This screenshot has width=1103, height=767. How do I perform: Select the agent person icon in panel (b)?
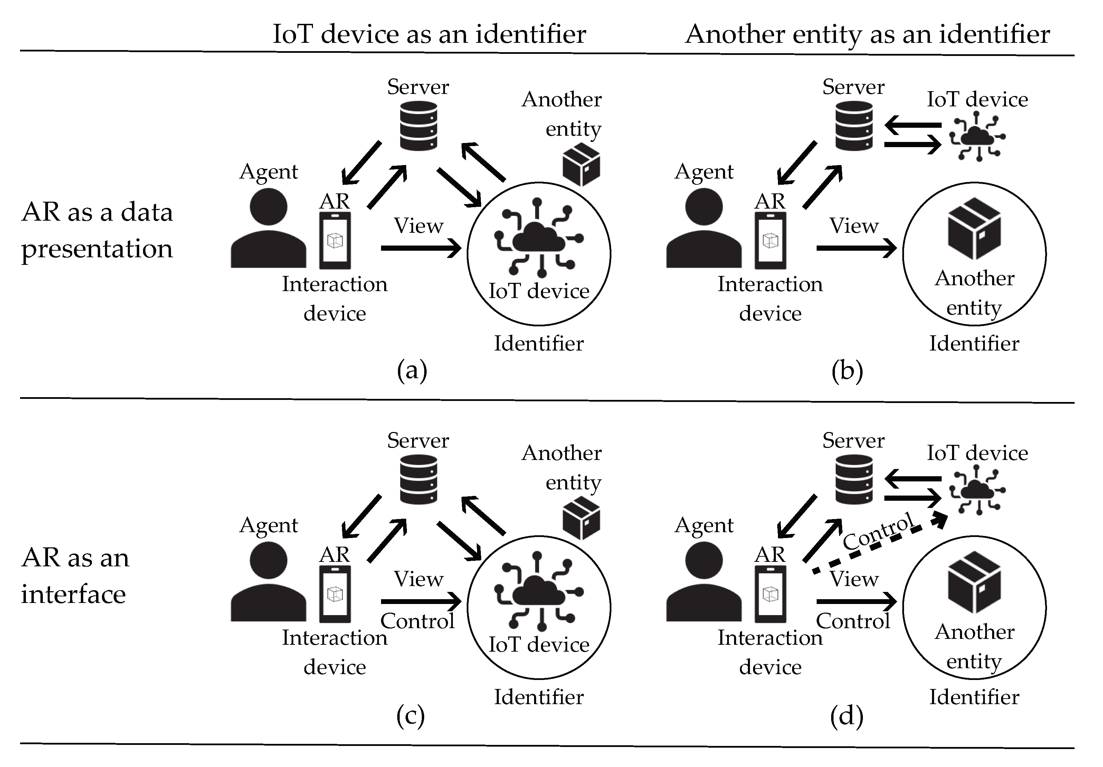click(704, 228)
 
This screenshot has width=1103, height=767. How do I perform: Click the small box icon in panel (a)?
click(581, 164)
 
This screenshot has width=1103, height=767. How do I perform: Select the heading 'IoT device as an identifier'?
click(429, 34)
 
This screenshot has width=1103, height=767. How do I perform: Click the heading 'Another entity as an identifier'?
click(868, 35)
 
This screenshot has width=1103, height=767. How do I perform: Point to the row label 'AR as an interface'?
click(75, 576)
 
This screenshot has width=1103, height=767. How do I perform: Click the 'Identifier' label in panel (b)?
click(974, 343)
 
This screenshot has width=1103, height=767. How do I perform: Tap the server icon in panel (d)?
click(854, 479)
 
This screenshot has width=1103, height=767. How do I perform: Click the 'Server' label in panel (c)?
click(418, 440)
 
